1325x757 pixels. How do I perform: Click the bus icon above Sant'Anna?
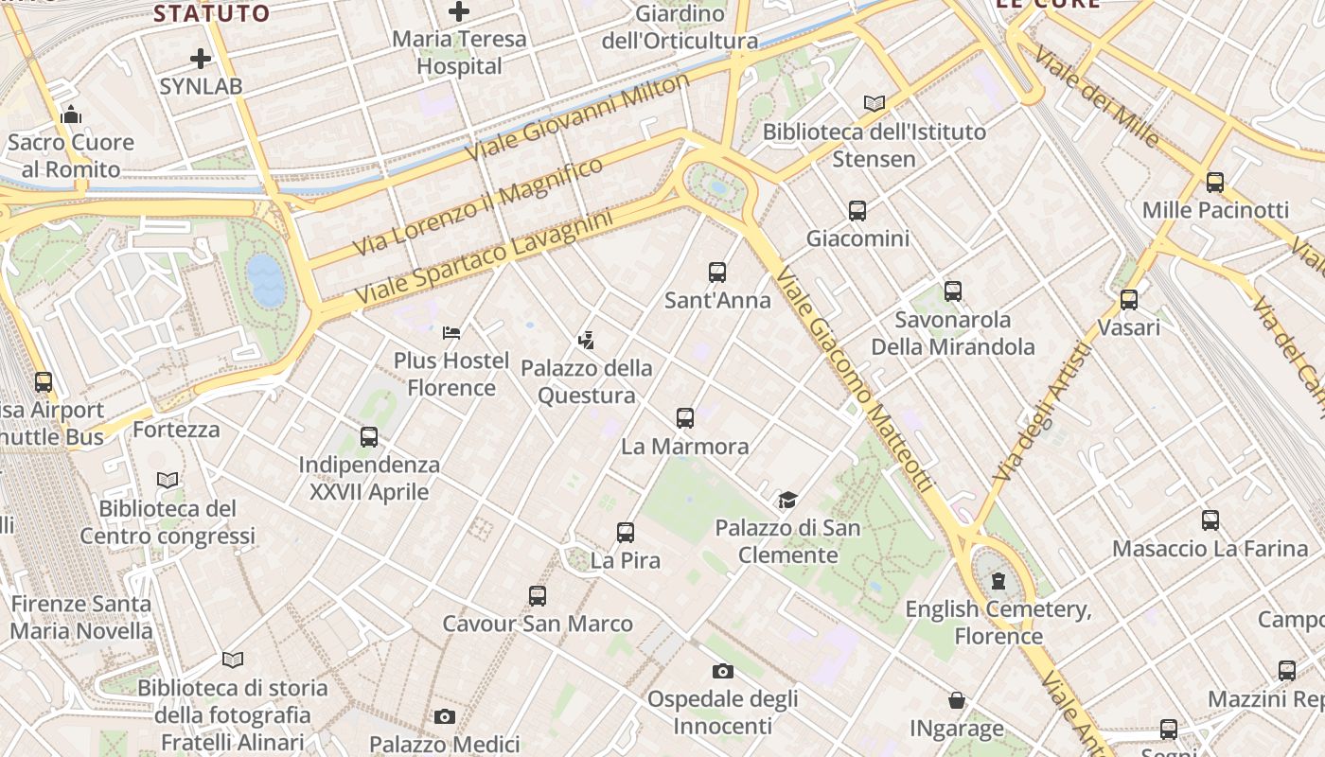tap(717, 273)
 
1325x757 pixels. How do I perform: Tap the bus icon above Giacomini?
tap(857, 211)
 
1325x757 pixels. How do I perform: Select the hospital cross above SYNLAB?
tap(201, 59)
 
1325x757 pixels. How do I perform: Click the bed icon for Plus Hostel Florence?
tap(451, 333)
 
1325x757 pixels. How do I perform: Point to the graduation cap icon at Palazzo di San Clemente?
tap(787, 500)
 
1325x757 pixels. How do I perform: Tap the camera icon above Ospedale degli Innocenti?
tap(723, 672)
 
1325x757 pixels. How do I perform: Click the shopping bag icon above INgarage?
tap(957, 701)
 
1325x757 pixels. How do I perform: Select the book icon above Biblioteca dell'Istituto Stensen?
tap(874, 103)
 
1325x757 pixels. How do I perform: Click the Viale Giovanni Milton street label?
tap(578, 117)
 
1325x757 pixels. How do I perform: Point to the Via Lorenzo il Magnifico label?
tap(478, 206)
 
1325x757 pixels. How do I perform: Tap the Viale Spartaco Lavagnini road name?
tap(484, 258)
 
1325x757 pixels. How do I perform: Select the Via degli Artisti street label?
tap(1042, 413)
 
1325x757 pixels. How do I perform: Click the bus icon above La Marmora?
tap(685, 417)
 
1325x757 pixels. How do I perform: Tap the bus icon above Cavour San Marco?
tap(538, 596)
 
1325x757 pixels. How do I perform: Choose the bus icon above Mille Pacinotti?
tap(1215, 183)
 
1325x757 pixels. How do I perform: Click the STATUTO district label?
tap(212, 13)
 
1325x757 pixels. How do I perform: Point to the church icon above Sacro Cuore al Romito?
tap(71, 115)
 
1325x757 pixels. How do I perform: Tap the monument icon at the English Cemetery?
tap(998, 581)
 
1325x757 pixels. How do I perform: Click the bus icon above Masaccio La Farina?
tap(1210, 519)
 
